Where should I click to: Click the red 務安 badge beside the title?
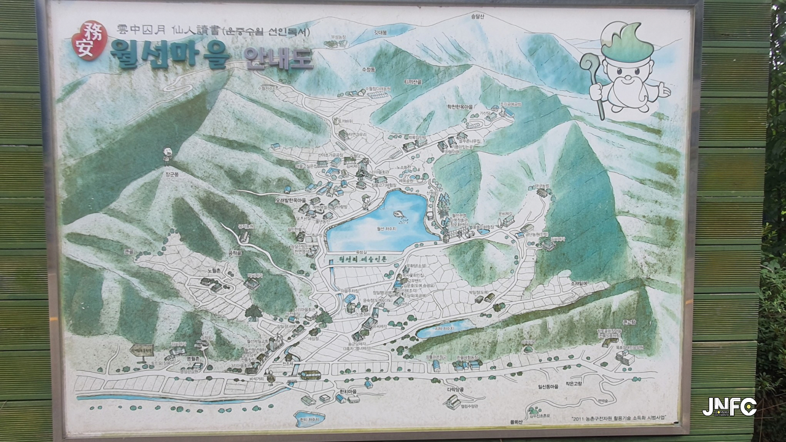tap(90, 41)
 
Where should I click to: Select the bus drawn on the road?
tap(311, 374)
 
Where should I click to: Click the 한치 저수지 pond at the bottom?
tap(309, 419)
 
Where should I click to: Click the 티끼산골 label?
tap(413, 82)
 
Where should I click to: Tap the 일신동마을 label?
tap(545, 387)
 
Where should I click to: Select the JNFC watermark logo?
tap(729, 406)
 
